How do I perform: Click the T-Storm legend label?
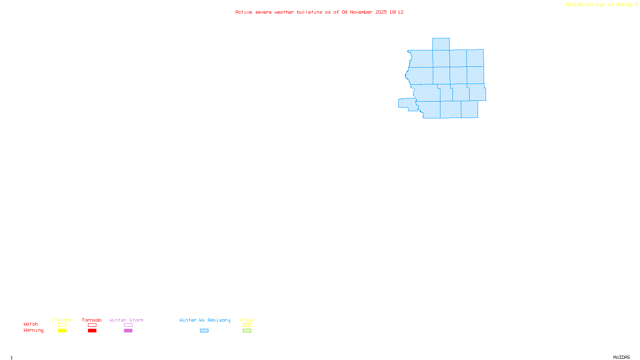(x=62, y=320)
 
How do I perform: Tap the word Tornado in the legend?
(x=92, y=320)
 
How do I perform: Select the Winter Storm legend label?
(x=126, y=320)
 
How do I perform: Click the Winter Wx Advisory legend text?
(x=205, y=320)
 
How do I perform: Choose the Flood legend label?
(x=247, y=320)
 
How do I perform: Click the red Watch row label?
(x=31, y=324)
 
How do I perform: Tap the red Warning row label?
(x=34, y=330)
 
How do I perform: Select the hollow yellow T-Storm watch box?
(x=62, y=325)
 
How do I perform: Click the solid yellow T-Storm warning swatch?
(x=62, y=331)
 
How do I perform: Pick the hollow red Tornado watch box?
(x=92, y=325)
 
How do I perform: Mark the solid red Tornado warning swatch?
(x=92, y=331)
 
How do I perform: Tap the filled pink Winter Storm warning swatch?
(x=128, y=331)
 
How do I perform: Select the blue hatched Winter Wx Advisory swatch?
(x=204, y=331)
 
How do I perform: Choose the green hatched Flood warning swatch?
(x=247, y=331)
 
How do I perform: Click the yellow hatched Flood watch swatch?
(x=247, y=325)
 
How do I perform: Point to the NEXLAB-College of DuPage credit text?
(x=600, y=5)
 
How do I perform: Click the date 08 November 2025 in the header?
(x=364, y=12)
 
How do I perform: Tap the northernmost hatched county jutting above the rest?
(x=441, y=44)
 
